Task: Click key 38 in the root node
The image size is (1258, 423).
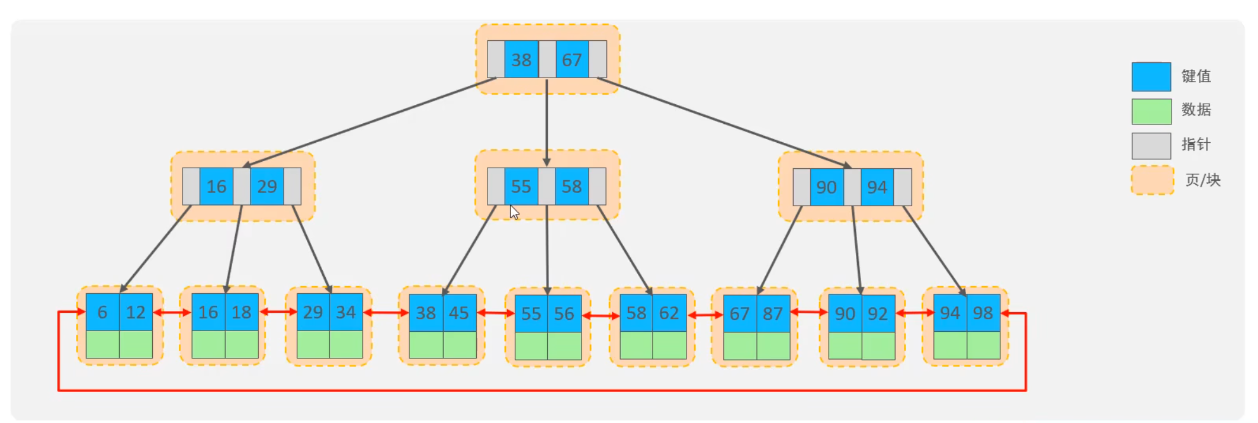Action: coord(521,59)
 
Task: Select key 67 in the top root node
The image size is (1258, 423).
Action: coord(572,59)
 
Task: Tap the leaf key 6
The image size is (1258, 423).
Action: coord(102,312)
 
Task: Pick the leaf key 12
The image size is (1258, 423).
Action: coord(136,312)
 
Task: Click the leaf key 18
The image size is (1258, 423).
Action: coord(242,312)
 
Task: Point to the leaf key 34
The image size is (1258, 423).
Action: coord(346,312)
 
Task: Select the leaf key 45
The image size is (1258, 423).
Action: coord(460,313)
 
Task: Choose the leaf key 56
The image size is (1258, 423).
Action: coord(564,313)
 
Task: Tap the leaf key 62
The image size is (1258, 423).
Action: coord(670,313)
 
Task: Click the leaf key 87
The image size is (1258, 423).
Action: coord(774,313)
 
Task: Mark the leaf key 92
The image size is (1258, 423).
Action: coord(878,313)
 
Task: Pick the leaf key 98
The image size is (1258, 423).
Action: coord(984,313)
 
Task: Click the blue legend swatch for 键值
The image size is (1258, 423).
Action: coord(1151,76)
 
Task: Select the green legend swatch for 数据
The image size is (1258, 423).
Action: coord(1151,111)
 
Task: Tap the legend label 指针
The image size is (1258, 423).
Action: coord(1196,145)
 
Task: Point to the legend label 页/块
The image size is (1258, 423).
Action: coord(1203,180)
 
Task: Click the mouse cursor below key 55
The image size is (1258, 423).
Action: coord(514,212)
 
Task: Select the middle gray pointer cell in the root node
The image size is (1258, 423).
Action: coord(547,59)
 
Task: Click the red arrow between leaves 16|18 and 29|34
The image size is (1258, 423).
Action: coord(278,312)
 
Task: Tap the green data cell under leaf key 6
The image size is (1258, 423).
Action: coord(102,344)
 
